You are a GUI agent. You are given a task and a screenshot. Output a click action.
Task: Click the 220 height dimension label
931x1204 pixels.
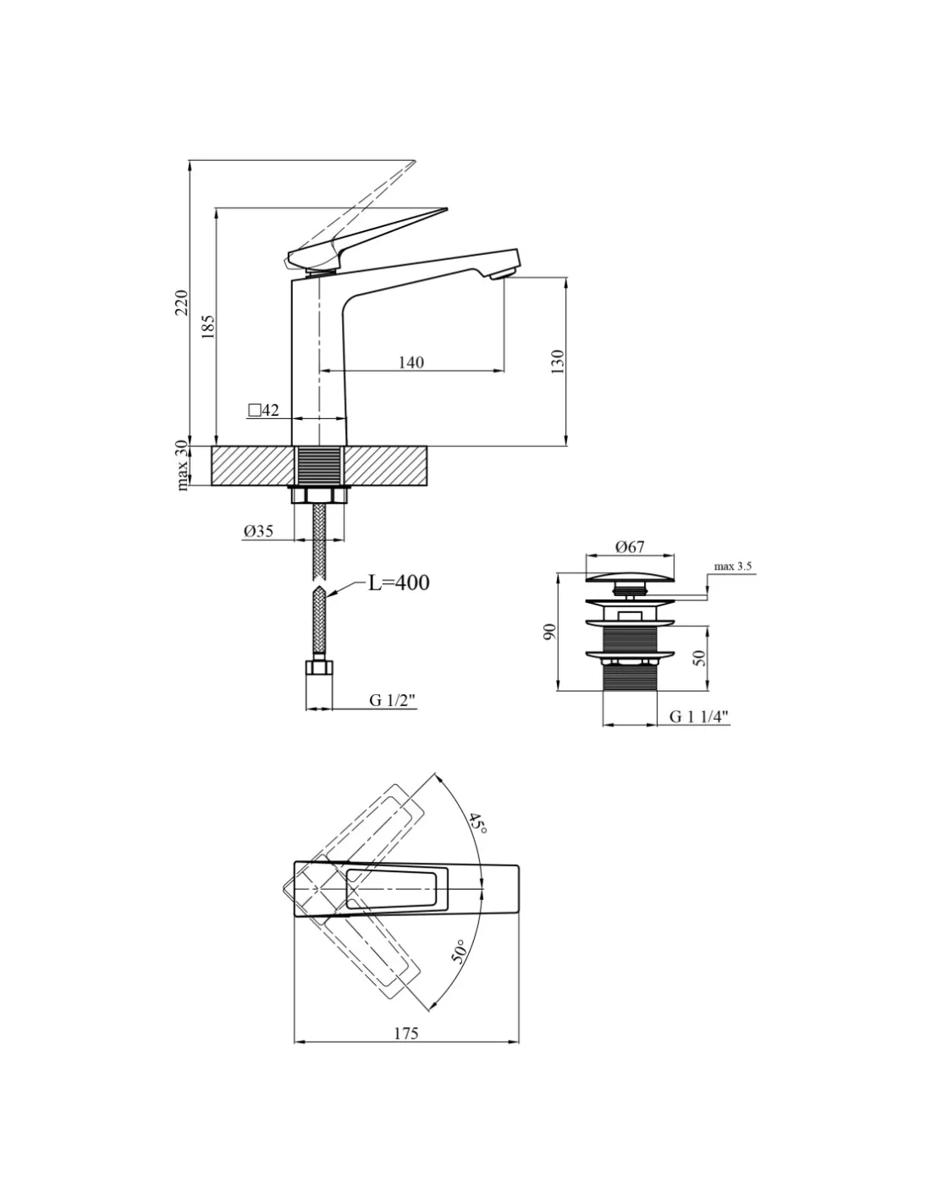tap(182, 302)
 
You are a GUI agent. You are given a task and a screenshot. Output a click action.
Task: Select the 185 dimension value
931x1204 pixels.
tap(207, 327)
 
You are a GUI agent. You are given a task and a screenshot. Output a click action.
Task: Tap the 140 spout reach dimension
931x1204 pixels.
tap(411, 362)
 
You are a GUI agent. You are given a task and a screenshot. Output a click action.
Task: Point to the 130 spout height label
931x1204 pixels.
tap(558, 362)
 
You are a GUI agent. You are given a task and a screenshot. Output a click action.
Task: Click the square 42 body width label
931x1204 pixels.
tap(263, 410)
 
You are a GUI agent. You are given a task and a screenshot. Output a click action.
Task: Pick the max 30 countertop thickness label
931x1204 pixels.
tap(182, 465)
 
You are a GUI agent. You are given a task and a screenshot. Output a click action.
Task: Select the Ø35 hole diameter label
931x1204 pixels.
tap(258, 531)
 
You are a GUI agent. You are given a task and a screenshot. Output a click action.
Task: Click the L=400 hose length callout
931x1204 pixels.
tap(399, 583)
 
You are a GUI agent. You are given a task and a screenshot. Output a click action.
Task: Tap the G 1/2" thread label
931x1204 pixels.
tap(392, 700)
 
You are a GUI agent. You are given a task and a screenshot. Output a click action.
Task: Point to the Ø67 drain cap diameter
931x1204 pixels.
tap(630, 547)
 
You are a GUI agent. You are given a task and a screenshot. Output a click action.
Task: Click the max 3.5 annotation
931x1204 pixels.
tap(732, 566)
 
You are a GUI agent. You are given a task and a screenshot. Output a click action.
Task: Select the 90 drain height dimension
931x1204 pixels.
tap(548, 632)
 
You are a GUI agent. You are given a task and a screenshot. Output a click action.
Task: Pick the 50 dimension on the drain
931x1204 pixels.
tap(699, 657)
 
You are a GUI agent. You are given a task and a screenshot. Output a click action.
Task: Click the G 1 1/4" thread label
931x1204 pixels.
tap(698, 716)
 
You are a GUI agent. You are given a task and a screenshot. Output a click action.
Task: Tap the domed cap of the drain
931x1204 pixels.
tap(631, 577)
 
